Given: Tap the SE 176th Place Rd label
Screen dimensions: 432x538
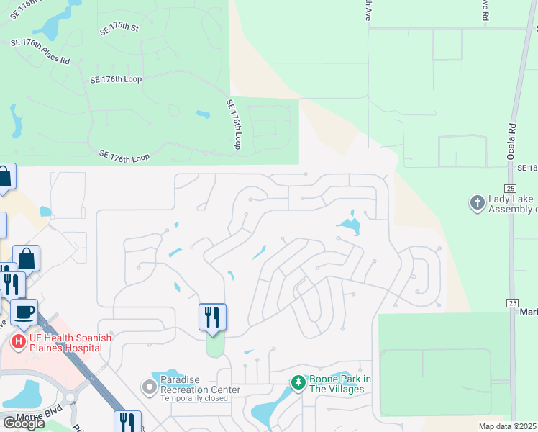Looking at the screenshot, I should pyautogui.click(x=40, y=52).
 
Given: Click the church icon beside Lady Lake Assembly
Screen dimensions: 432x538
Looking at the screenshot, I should pyautogui.click(x=477, y=204).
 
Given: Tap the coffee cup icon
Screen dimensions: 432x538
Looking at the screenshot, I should pyautogui.click(x=24, y=312).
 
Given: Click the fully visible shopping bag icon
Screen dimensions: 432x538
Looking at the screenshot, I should pyautogui.click(x=26, y=258).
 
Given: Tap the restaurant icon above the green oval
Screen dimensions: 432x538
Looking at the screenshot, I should pyautogui.click(x=212, y=317).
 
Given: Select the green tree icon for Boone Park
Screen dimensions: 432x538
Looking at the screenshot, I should pyautogui.click(x=298, y=382).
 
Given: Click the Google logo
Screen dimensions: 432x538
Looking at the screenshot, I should pyautogui.click(x=24, y=423).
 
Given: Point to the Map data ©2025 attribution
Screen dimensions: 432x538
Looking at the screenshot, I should pyautogui.click(x=507, y=426).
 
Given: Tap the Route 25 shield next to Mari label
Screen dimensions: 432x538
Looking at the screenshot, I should pyautogui.click(x=512, y=302).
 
